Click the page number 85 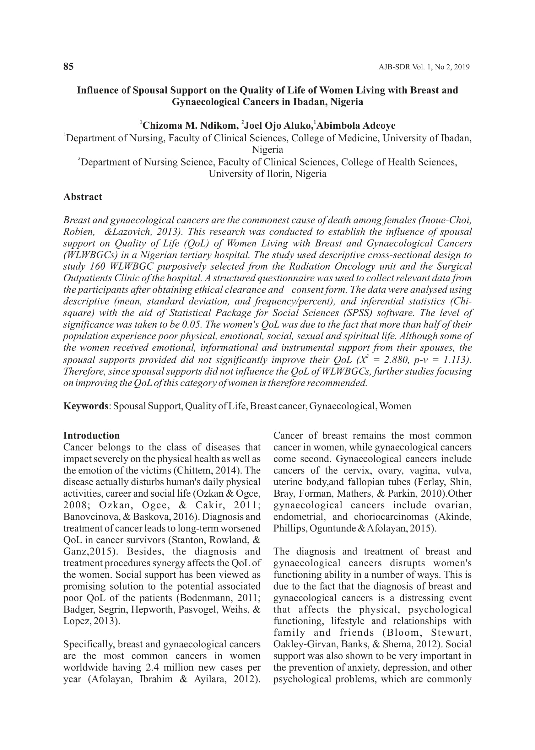click(x=68, y=67)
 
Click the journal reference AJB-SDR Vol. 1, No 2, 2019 click(x=424, y=67)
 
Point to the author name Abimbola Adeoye click(x=356, y=126)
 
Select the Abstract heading click(x=83, y=197)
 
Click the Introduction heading click(x=92, y=435)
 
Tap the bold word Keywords click(x=86, y=406)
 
